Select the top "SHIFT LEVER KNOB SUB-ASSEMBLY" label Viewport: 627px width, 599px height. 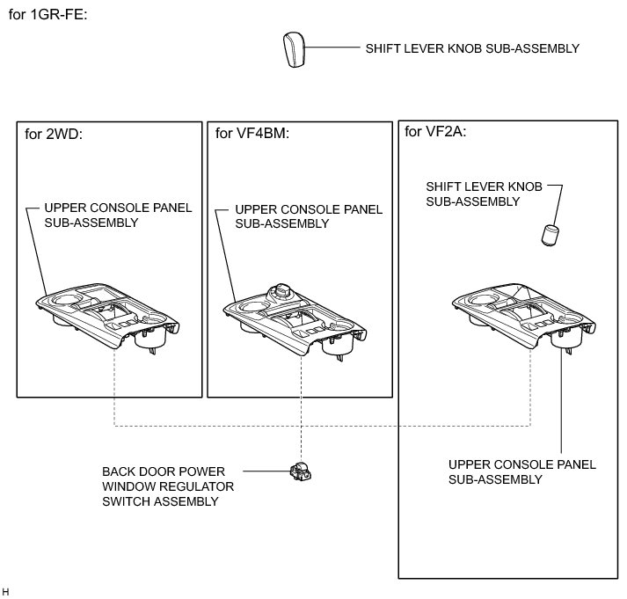point(472,48)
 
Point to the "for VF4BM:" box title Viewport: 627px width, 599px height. point(252,134)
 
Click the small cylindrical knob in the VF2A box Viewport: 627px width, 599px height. point(550,235)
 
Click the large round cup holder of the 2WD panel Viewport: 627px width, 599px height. point(63,309)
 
